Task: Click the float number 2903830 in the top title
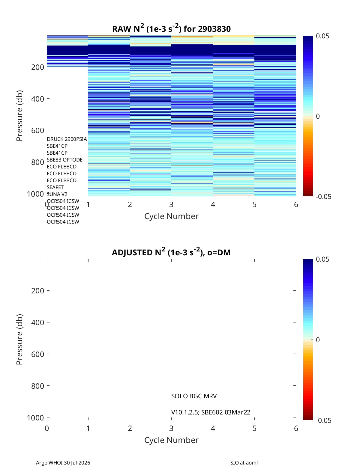point(214,29)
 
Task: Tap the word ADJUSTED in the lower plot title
point(132,252)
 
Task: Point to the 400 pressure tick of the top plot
point(37,99)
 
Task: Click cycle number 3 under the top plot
point(171,204)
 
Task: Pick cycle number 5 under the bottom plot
point(254,428)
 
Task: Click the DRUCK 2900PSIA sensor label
point(67,139)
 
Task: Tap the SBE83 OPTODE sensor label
point(65,160)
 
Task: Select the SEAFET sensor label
point(55,187)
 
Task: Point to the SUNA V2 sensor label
point(57,194)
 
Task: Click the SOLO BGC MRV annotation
point(194,396)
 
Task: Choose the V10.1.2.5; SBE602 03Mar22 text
point(211,412)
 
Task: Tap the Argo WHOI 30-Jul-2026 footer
point(63,463)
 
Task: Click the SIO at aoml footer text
point(244,463)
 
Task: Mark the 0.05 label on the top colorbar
point(322,36)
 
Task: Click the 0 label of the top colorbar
point(318,116)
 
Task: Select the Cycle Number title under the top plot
point(171,216)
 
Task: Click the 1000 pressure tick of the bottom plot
point(35,418)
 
